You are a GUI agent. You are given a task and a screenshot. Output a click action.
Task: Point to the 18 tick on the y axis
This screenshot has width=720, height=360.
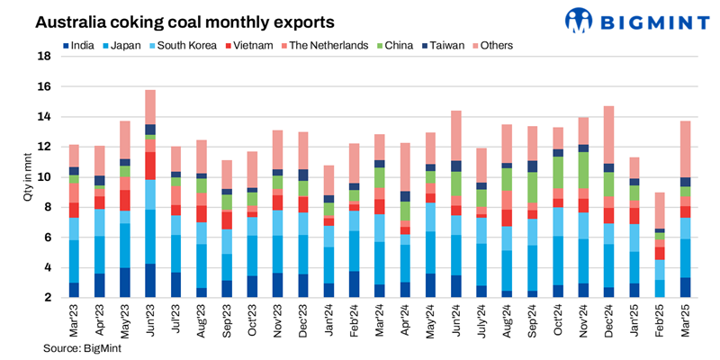pyautogui.click(x=42, y=56)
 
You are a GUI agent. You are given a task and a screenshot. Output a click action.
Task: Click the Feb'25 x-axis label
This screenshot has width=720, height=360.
pyautogui.click(x=659, y=320)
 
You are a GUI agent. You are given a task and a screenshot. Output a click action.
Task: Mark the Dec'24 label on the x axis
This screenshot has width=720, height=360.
pyautogui.click(x=608, y=320)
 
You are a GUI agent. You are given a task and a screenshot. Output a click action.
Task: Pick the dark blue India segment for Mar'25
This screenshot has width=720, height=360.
pyautogui.click(x=685, y=287)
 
